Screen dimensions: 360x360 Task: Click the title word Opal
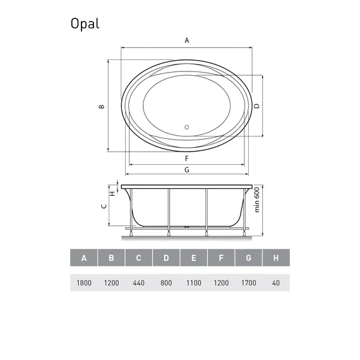(85, 23)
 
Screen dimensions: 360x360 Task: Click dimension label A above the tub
(187, 40)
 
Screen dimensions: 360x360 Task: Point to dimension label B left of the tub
(101, 106)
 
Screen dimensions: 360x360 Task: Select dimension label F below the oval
(187, 158)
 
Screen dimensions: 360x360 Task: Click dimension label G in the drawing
(187, 171)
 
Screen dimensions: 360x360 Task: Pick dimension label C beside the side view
(104, 207)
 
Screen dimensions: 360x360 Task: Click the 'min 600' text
(258, 200)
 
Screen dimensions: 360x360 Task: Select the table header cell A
(84, 258)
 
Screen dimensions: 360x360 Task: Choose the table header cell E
(193, 258)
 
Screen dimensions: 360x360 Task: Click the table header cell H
(276, 258)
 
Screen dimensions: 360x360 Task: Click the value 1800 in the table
(84, 282)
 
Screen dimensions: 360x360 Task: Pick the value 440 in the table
(138, 282)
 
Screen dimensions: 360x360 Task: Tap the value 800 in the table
(166, 282)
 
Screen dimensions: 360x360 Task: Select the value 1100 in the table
(193, 282)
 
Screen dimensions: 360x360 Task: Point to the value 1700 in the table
(248, 282)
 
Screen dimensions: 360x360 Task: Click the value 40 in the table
(276, 282)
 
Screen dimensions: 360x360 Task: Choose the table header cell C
(138, 258)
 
